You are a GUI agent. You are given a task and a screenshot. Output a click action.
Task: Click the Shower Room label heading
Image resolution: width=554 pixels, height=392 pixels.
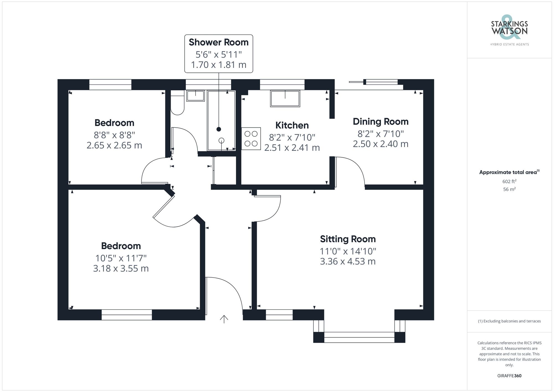(219, 42)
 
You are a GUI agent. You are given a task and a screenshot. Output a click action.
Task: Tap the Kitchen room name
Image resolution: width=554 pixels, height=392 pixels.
(292, 125)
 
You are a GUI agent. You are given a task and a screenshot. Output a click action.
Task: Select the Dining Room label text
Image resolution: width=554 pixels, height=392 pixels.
(381, 121)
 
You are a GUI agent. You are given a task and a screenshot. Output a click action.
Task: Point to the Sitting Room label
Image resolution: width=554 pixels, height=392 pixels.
(348, 239)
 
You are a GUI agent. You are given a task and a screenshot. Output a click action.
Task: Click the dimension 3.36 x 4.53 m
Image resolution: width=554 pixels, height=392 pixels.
(348, 261)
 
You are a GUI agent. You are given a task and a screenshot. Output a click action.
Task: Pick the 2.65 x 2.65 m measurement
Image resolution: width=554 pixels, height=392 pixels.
(114, 145)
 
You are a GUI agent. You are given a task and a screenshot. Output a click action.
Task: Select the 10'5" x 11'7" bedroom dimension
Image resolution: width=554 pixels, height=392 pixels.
(121, 258)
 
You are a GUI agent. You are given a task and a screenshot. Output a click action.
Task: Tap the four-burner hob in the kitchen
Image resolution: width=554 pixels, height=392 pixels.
(251, 139)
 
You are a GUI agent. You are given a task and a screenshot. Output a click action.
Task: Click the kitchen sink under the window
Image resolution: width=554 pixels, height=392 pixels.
(285, 98)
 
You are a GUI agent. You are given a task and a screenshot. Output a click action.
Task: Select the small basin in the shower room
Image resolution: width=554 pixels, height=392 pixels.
(195, 96)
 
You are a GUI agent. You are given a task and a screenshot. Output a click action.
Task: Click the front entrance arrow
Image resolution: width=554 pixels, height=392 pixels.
(224, 319)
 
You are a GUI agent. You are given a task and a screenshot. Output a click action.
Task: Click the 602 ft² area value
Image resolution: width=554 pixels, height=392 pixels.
(509, 181)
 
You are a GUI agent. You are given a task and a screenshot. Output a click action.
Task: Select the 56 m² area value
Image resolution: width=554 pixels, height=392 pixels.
(509, 189)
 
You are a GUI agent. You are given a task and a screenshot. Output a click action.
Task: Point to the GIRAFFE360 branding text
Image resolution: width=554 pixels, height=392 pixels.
(509, 376)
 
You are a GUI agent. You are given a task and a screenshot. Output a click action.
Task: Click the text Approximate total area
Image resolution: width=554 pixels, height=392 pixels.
(508, 172)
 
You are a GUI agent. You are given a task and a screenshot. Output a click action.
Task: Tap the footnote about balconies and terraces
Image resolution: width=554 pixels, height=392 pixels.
(509, 321)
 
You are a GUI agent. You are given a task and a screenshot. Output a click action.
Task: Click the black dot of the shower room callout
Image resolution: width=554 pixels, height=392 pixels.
(219, 129)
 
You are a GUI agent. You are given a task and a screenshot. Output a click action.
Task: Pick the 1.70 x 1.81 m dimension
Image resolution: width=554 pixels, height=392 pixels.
(219, 65)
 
